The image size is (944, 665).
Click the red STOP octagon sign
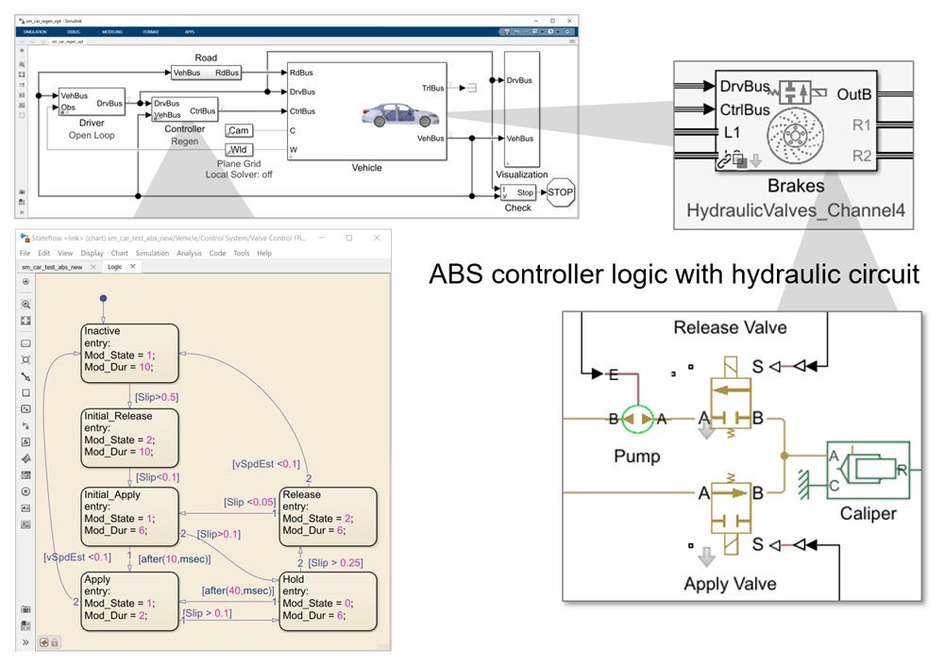tap(560, 191)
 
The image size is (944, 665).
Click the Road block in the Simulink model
tap(206, 72)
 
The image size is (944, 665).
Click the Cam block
tap(239, 130)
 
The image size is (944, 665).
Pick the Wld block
tap(239, 149)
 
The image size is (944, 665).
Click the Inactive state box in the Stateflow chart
tap(129, 354)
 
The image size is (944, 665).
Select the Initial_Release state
tap(129, 434)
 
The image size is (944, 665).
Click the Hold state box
tap(327, 601)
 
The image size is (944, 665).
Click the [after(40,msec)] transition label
tap(236, 590)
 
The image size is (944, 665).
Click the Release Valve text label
tap(730, 327)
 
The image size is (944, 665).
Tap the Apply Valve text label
tap(731, 584)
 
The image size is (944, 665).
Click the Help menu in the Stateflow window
tap(264, 253)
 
